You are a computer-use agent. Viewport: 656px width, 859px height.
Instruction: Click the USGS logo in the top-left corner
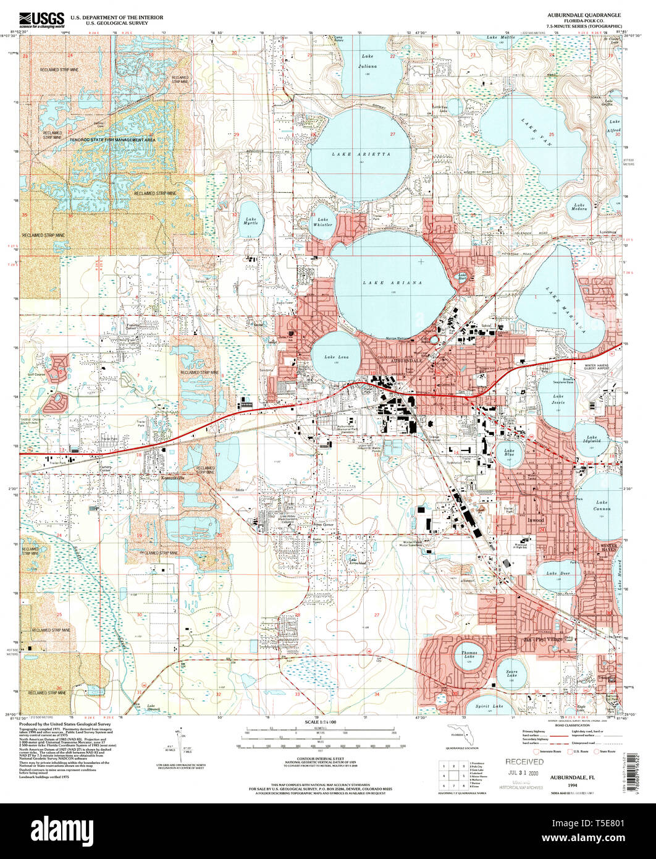tap(42, 20)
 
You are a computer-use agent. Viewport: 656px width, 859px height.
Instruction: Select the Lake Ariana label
tap(393, 282)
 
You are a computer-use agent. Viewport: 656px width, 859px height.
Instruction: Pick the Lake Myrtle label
tap(251, 221)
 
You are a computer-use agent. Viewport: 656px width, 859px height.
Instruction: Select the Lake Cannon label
tap(603, 506)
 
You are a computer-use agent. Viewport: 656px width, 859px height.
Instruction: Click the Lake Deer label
tap(558, 573)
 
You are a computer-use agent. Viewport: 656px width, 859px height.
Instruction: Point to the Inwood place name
tap(535, 520)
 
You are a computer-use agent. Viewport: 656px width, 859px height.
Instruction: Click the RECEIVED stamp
tap(524, 761)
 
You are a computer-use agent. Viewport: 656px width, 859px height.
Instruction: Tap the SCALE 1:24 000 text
tap(319, 721)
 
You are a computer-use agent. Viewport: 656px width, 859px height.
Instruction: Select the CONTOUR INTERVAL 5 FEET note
tap(319, 761)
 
